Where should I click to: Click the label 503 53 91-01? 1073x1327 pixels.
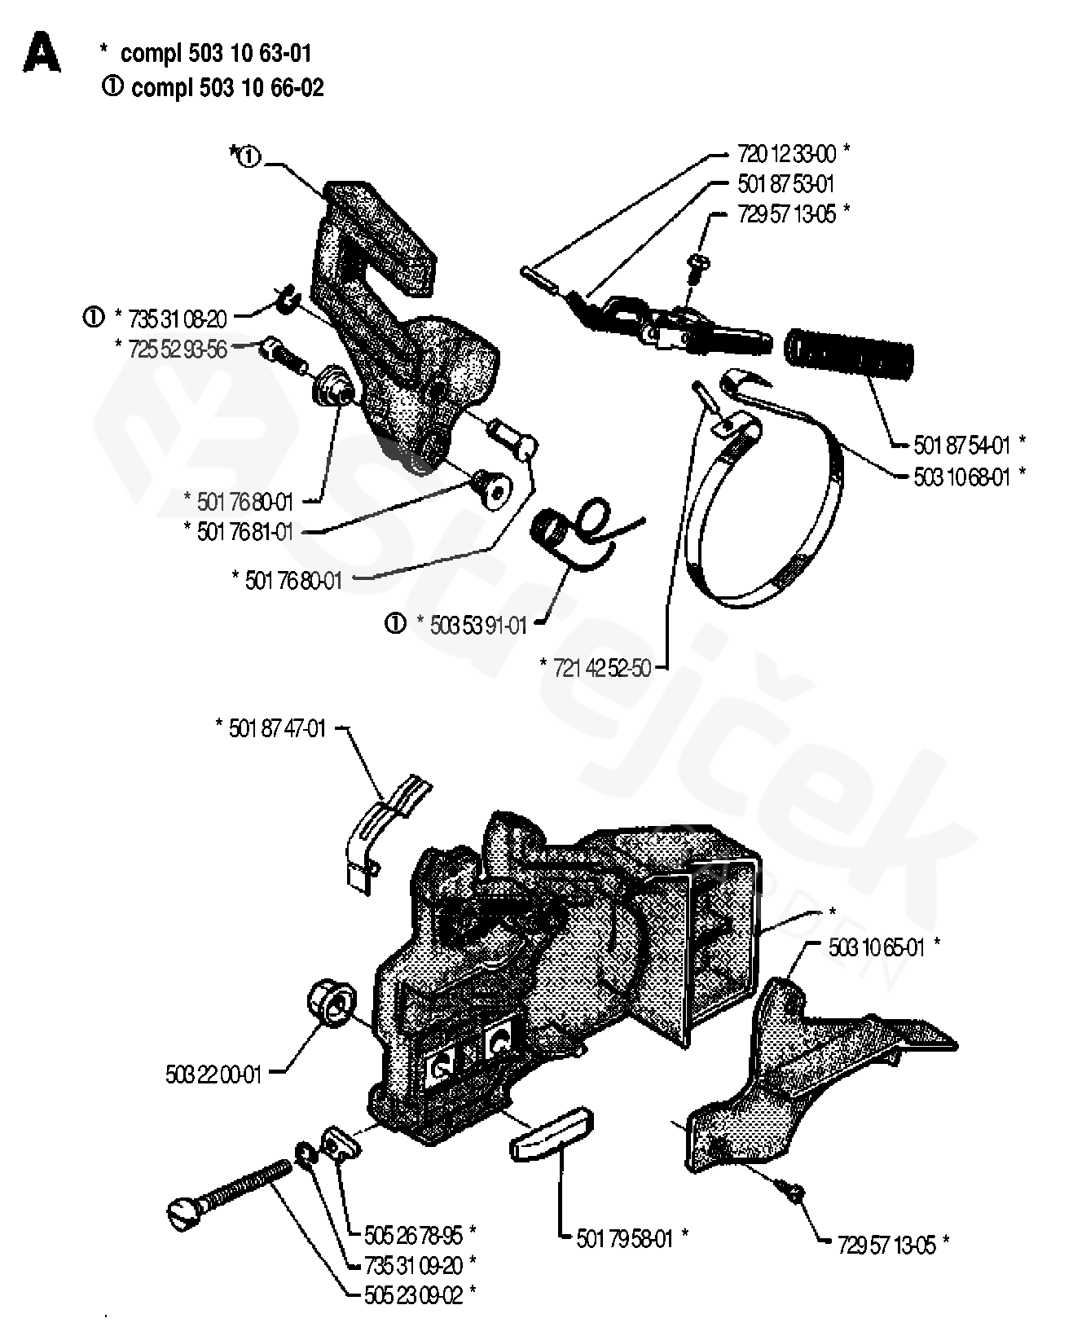(x=472, y=625)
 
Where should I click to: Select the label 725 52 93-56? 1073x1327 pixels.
(x=178, y=349)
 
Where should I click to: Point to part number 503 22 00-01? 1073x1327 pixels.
(x=213, y=1074)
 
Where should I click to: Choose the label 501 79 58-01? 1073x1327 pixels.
(x=625, y=1238)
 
